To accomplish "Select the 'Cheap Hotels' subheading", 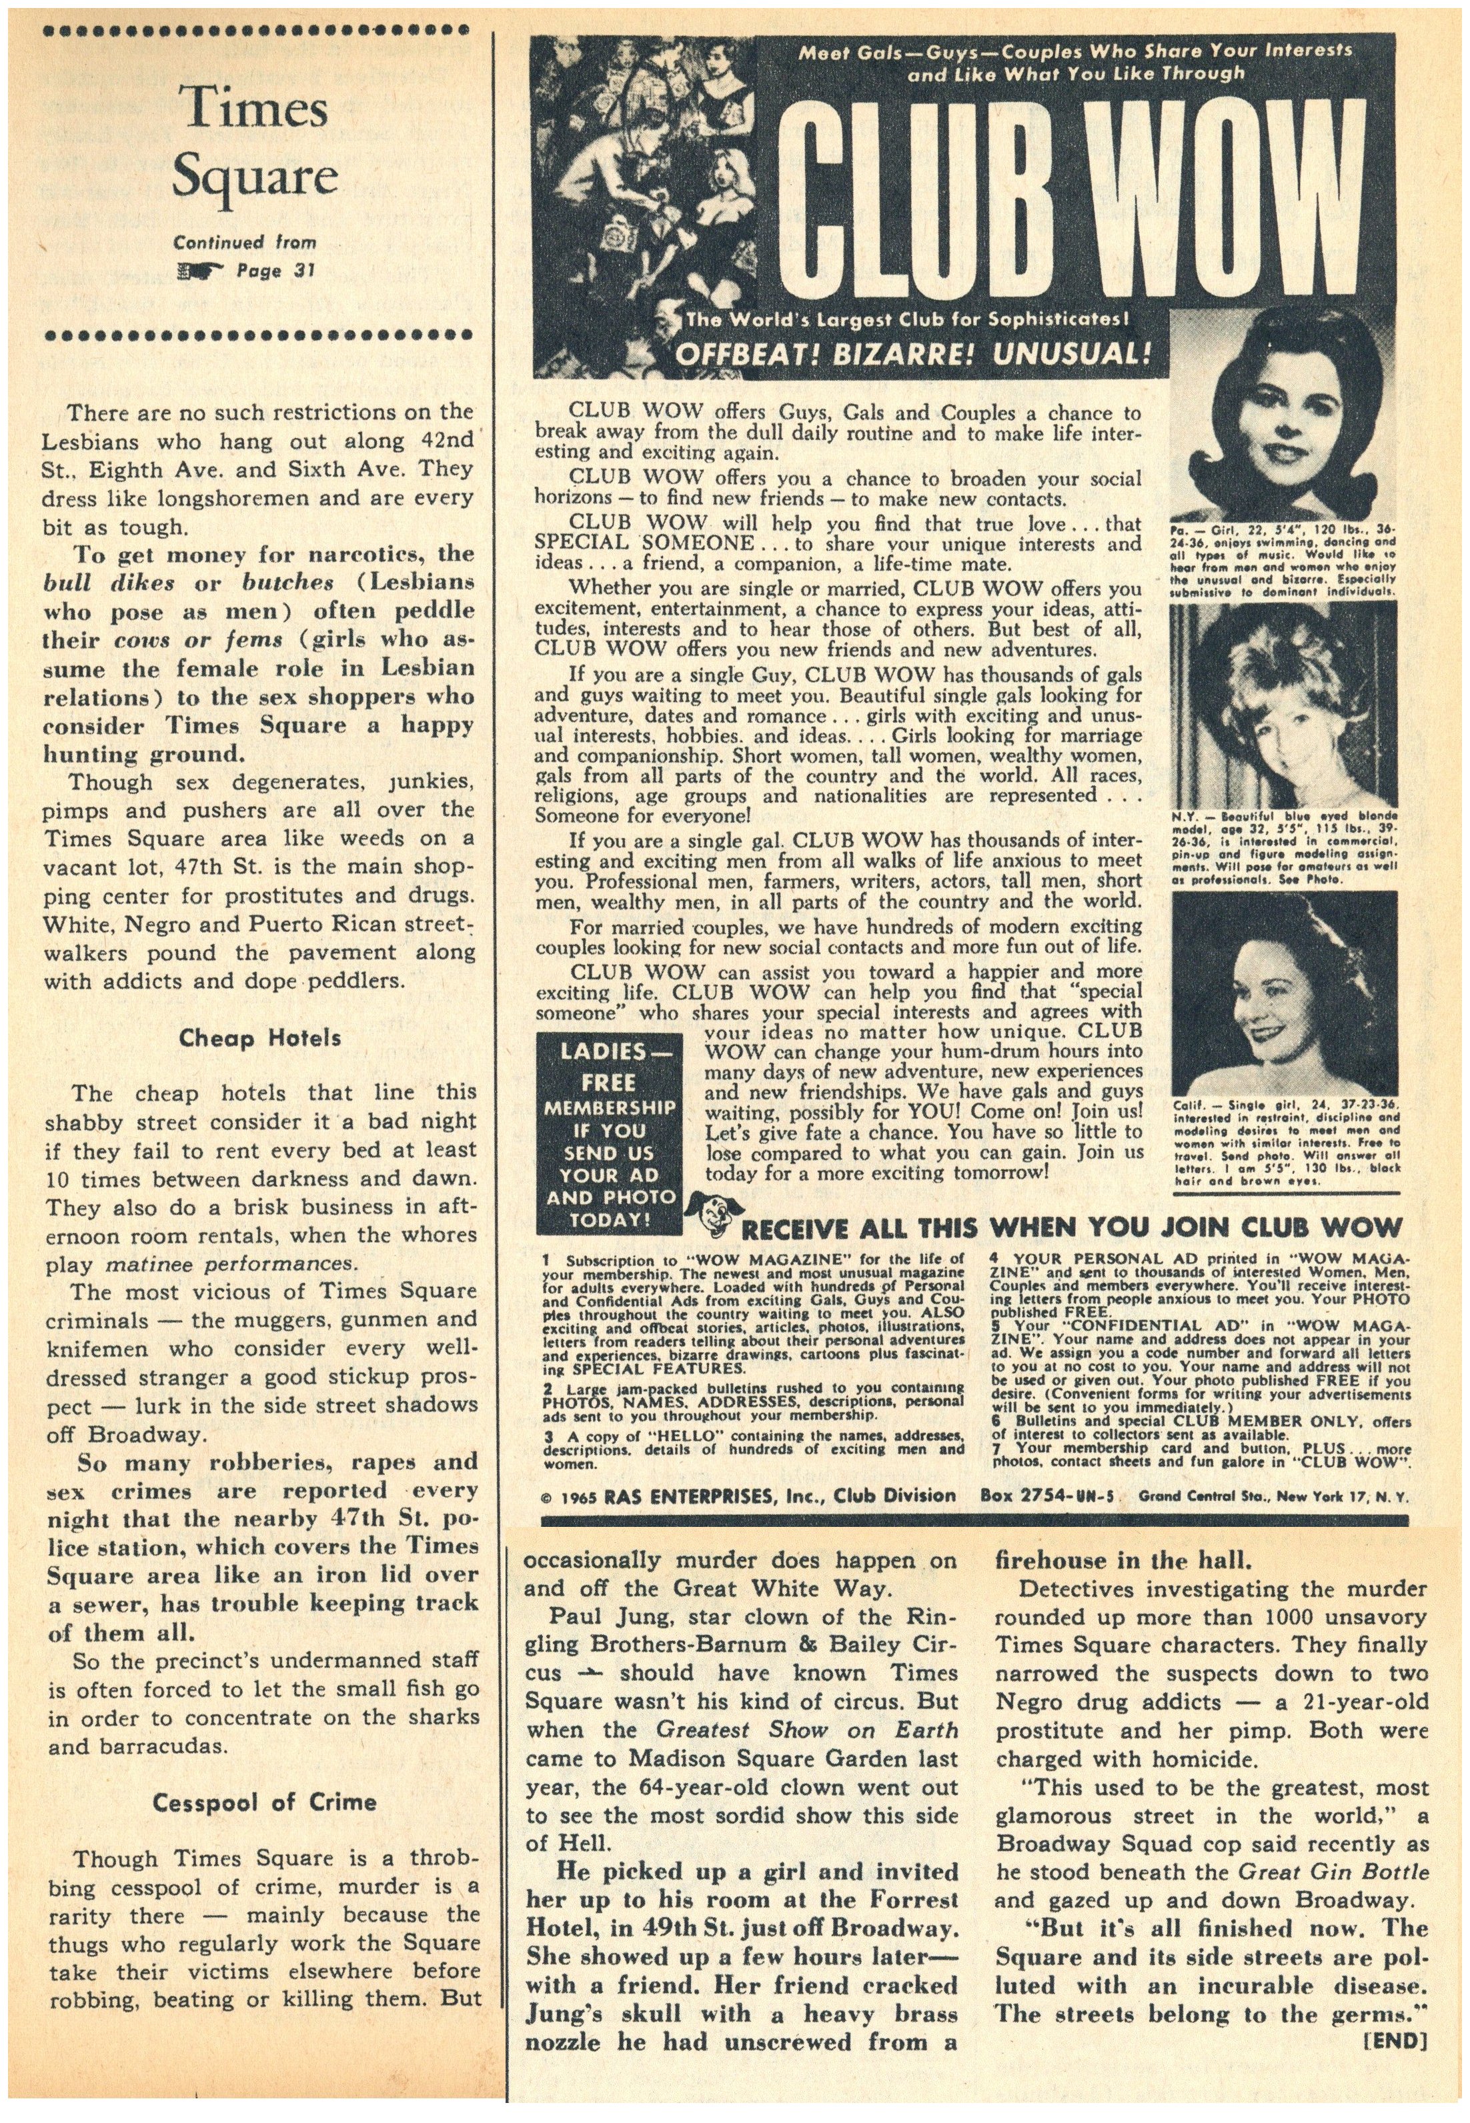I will [259, 1038].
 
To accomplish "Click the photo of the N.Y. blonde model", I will [1284, 708].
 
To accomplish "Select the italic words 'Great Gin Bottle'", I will [1334, 1872].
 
